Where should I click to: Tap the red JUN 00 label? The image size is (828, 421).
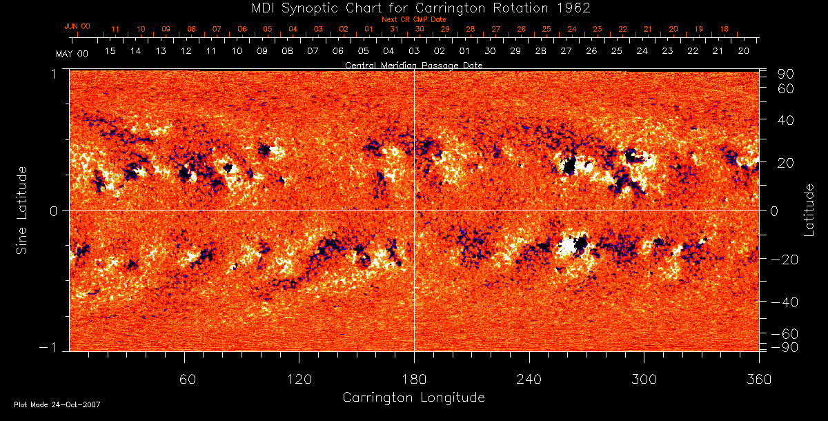77,26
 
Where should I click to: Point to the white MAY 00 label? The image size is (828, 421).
72,53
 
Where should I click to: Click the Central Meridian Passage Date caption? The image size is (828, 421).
413,65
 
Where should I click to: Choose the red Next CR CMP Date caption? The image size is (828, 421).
413,20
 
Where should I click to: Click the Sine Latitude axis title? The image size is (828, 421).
23,209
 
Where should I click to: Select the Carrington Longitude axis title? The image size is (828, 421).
413,398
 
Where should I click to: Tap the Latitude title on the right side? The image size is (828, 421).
809,209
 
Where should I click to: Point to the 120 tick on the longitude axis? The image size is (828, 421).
299,379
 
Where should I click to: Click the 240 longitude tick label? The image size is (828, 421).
529,379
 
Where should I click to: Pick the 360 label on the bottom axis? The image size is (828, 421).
759,379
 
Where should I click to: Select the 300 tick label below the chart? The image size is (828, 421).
644,379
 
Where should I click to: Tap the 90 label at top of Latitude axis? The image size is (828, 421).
787,74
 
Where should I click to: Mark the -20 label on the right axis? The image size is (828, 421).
784,260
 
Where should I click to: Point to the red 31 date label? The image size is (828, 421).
393,30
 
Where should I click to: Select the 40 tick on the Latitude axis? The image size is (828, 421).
787,120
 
